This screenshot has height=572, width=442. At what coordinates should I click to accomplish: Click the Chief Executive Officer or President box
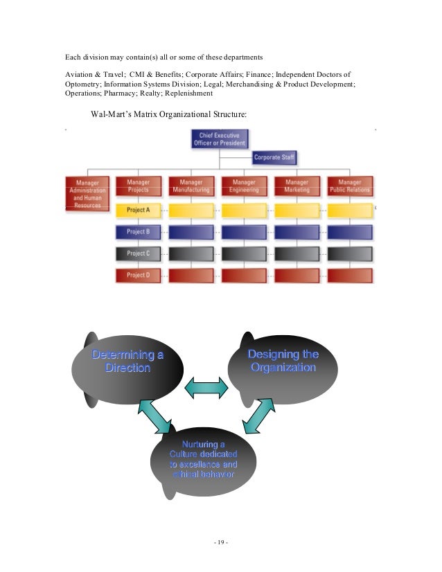tap(219, 138)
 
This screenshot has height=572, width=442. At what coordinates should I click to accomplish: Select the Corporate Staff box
tap(274, 158)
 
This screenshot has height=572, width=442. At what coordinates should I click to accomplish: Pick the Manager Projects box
tap(138, 186)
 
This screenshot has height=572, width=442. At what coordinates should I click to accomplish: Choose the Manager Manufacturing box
tap(191, 186)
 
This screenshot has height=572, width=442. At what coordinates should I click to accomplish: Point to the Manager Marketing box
tap(297, 186)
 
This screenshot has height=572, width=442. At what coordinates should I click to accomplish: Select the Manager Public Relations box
tap(350, 186)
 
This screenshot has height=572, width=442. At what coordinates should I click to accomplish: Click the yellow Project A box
tap(138, 210)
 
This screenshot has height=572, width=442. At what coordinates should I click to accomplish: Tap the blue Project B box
tap(138, 232)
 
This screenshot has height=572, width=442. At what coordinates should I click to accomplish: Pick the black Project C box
tap(138, 253)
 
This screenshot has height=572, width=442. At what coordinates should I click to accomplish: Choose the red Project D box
tap(138, 275)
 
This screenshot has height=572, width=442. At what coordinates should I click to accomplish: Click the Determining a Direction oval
tap(128, 364)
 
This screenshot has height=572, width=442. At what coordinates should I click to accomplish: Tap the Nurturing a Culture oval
tap(204, 460)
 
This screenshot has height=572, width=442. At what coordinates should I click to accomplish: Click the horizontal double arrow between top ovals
tap(206, 387)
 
